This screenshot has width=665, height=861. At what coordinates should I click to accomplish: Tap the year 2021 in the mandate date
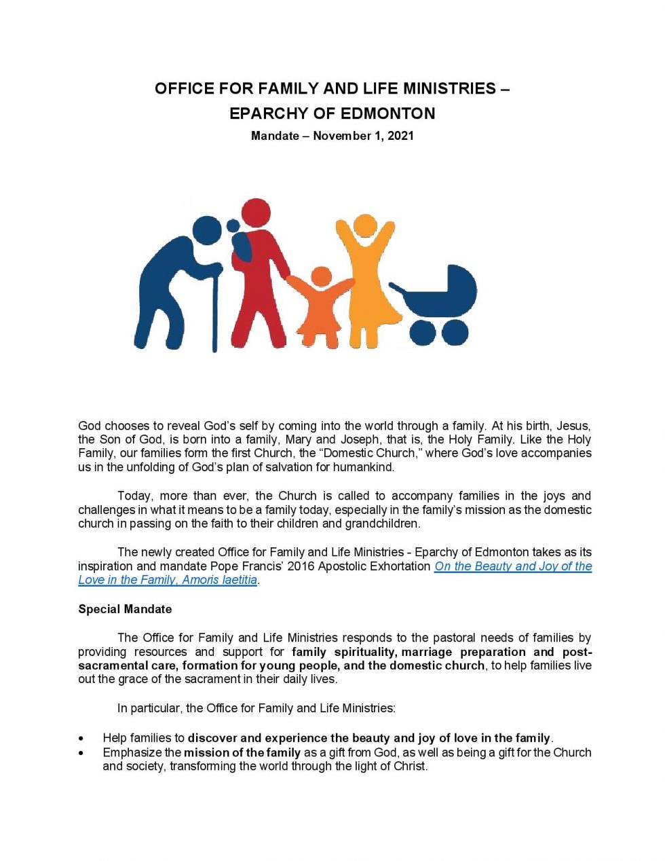coord(400,136)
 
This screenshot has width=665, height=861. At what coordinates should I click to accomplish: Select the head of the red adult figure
coord(255,213)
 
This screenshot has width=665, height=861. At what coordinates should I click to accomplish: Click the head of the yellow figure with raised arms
coord(365,227)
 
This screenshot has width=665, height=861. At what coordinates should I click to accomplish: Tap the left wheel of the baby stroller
coord(423,333)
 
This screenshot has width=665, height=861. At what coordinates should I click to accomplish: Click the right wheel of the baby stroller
coord(454,333)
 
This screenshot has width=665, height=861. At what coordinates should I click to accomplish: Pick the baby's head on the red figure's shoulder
coord(233,226)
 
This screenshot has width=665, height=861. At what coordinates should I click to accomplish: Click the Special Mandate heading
coord(125,609)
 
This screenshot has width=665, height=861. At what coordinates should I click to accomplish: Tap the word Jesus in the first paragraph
coord(573,426)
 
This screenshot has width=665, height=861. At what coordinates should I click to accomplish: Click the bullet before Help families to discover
coord(81,738)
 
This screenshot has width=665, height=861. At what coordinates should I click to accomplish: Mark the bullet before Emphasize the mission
coord(81,752)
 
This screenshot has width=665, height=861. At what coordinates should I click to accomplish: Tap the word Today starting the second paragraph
coord(134,496)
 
